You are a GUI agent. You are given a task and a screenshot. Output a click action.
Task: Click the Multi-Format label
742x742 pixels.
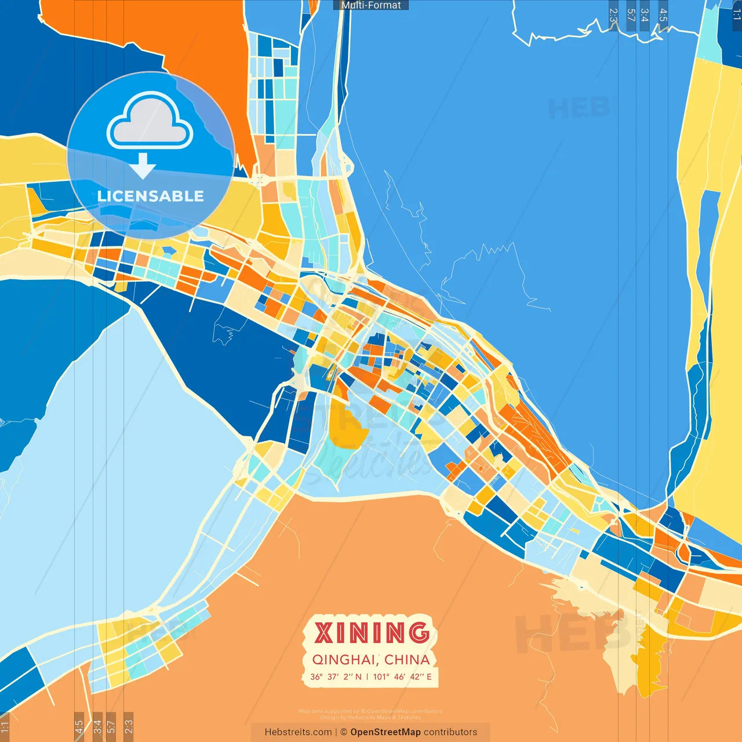pos(371,5)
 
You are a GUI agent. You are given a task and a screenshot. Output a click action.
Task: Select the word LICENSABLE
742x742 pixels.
pos(151,196)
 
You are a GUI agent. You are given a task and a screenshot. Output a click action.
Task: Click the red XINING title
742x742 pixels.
pos(372,632)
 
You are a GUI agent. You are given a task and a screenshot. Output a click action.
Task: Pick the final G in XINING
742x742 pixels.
pos(418,632)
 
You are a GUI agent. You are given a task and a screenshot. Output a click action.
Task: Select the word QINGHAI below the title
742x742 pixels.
pos(345,660)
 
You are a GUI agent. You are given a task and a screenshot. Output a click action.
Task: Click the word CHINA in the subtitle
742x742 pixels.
pos(407,660)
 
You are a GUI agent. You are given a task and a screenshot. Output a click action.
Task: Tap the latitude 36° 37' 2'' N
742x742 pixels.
pos(336,676)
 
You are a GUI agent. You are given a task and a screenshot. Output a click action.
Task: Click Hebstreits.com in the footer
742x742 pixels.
pos(298,732)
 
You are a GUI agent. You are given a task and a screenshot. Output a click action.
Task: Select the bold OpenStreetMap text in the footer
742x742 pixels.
pos(385,732)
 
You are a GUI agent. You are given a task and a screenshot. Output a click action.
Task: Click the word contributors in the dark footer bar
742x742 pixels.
pos(450,732)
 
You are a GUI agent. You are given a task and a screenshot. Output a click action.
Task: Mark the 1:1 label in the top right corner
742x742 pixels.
pos(736,15)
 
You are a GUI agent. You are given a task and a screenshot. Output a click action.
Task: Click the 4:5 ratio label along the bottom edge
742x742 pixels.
pos(79,726)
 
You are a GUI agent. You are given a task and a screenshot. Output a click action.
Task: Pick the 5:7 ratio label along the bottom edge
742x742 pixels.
pos(111,726)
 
